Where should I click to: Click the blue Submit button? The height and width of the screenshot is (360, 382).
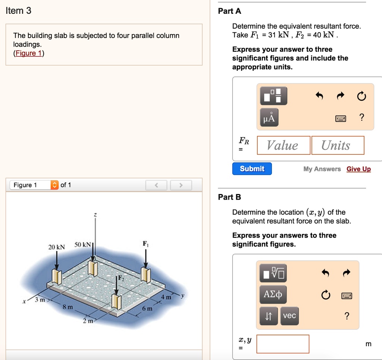point(252,169)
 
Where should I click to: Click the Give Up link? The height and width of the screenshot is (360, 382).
point(358,169)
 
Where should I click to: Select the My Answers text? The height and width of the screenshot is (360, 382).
point(322,169)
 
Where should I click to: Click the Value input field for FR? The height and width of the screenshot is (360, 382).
point(284,145)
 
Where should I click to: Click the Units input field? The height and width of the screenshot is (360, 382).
point(338,145)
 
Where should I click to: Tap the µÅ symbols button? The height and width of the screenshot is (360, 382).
point(269,118)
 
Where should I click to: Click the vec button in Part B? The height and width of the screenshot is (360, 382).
point(289,316)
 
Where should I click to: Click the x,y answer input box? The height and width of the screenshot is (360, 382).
point(283,344)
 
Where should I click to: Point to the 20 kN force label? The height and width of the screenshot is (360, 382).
point(56,247)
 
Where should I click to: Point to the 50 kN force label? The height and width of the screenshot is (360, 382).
point(83,244)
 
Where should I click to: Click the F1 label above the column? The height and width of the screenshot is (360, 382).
point(145,244)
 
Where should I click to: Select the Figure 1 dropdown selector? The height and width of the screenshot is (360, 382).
point(34,185)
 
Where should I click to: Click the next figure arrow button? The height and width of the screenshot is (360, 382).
point(181,185)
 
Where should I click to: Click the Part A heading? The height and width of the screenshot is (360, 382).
point(229,11)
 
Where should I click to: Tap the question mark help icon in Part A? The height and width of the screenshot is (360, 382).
point(361,118)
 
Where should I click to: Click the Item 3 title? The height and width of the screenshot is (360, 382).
point(19,11)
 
